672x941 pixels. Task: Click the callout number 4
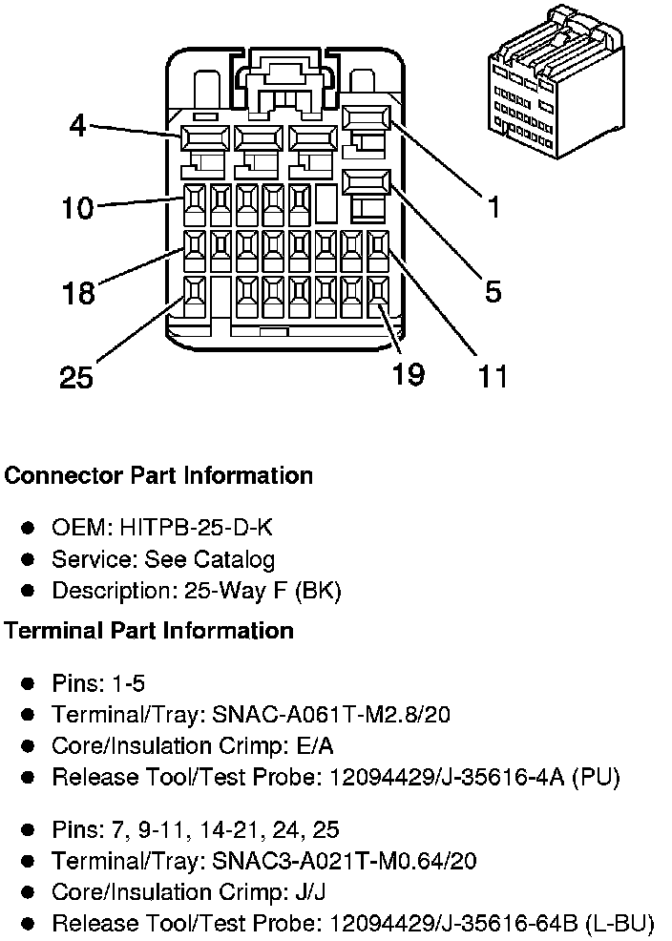pos(77,126)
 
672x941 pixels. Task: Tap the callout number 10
pos(77,207)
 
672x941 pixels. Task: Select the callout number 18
pos(77,292)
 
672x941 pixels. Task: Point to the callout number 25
pos(76,378)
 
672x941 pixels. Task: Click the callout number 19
pos(409,374)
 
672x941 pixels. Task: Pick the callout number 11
pos(493,376)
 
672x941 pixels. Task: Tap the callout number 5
pos(493,291)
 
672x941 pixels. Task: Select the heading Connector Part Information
pos(158,475)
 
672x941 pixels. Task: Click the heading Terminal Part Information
pos(149,631)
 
